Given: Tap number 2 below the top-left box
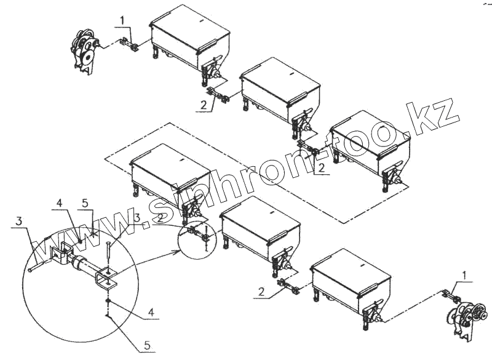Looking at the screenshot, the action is (204, 105).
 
